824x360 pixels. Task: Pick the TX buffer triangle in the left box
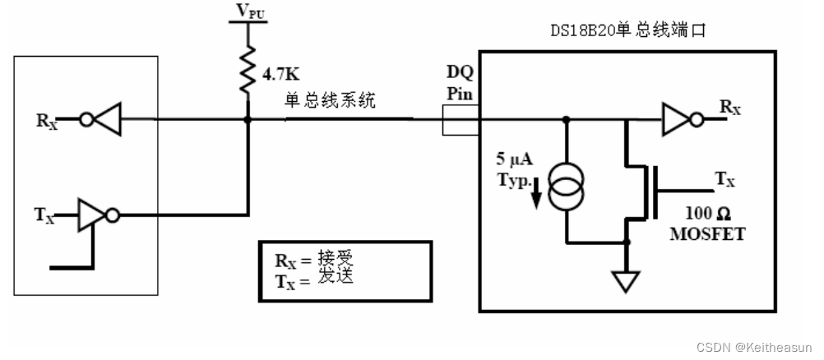pyautogui.click(x=91, y=215)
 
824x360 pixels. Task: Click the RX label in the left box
pyautogui.click(x=46, y=120)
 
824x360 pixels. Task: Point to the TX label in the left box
pyautogui.click(x=45, y=215)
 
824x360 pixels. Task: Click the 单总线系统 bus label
pyautogui.click(x=329, y=101)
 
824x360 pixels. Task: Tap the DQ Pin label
pyautogui.click(x=458, y=83)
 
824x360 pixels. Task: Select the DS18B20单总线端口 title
pyautogui.click(x=627, y=31)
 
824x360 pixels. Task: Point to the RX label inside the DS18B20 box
pyautogui.click(x=729, y=107)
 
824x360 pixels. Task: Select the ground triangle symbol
pyautogui.click(x=627, y=282)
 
